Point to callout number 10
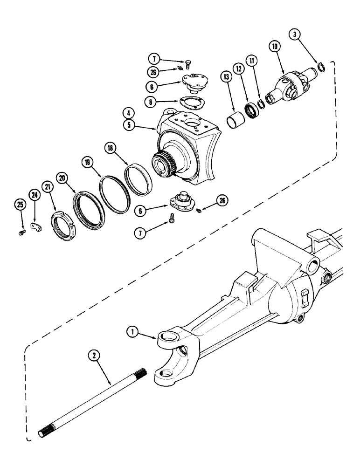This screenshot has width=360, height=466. [x=273, y=47]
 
